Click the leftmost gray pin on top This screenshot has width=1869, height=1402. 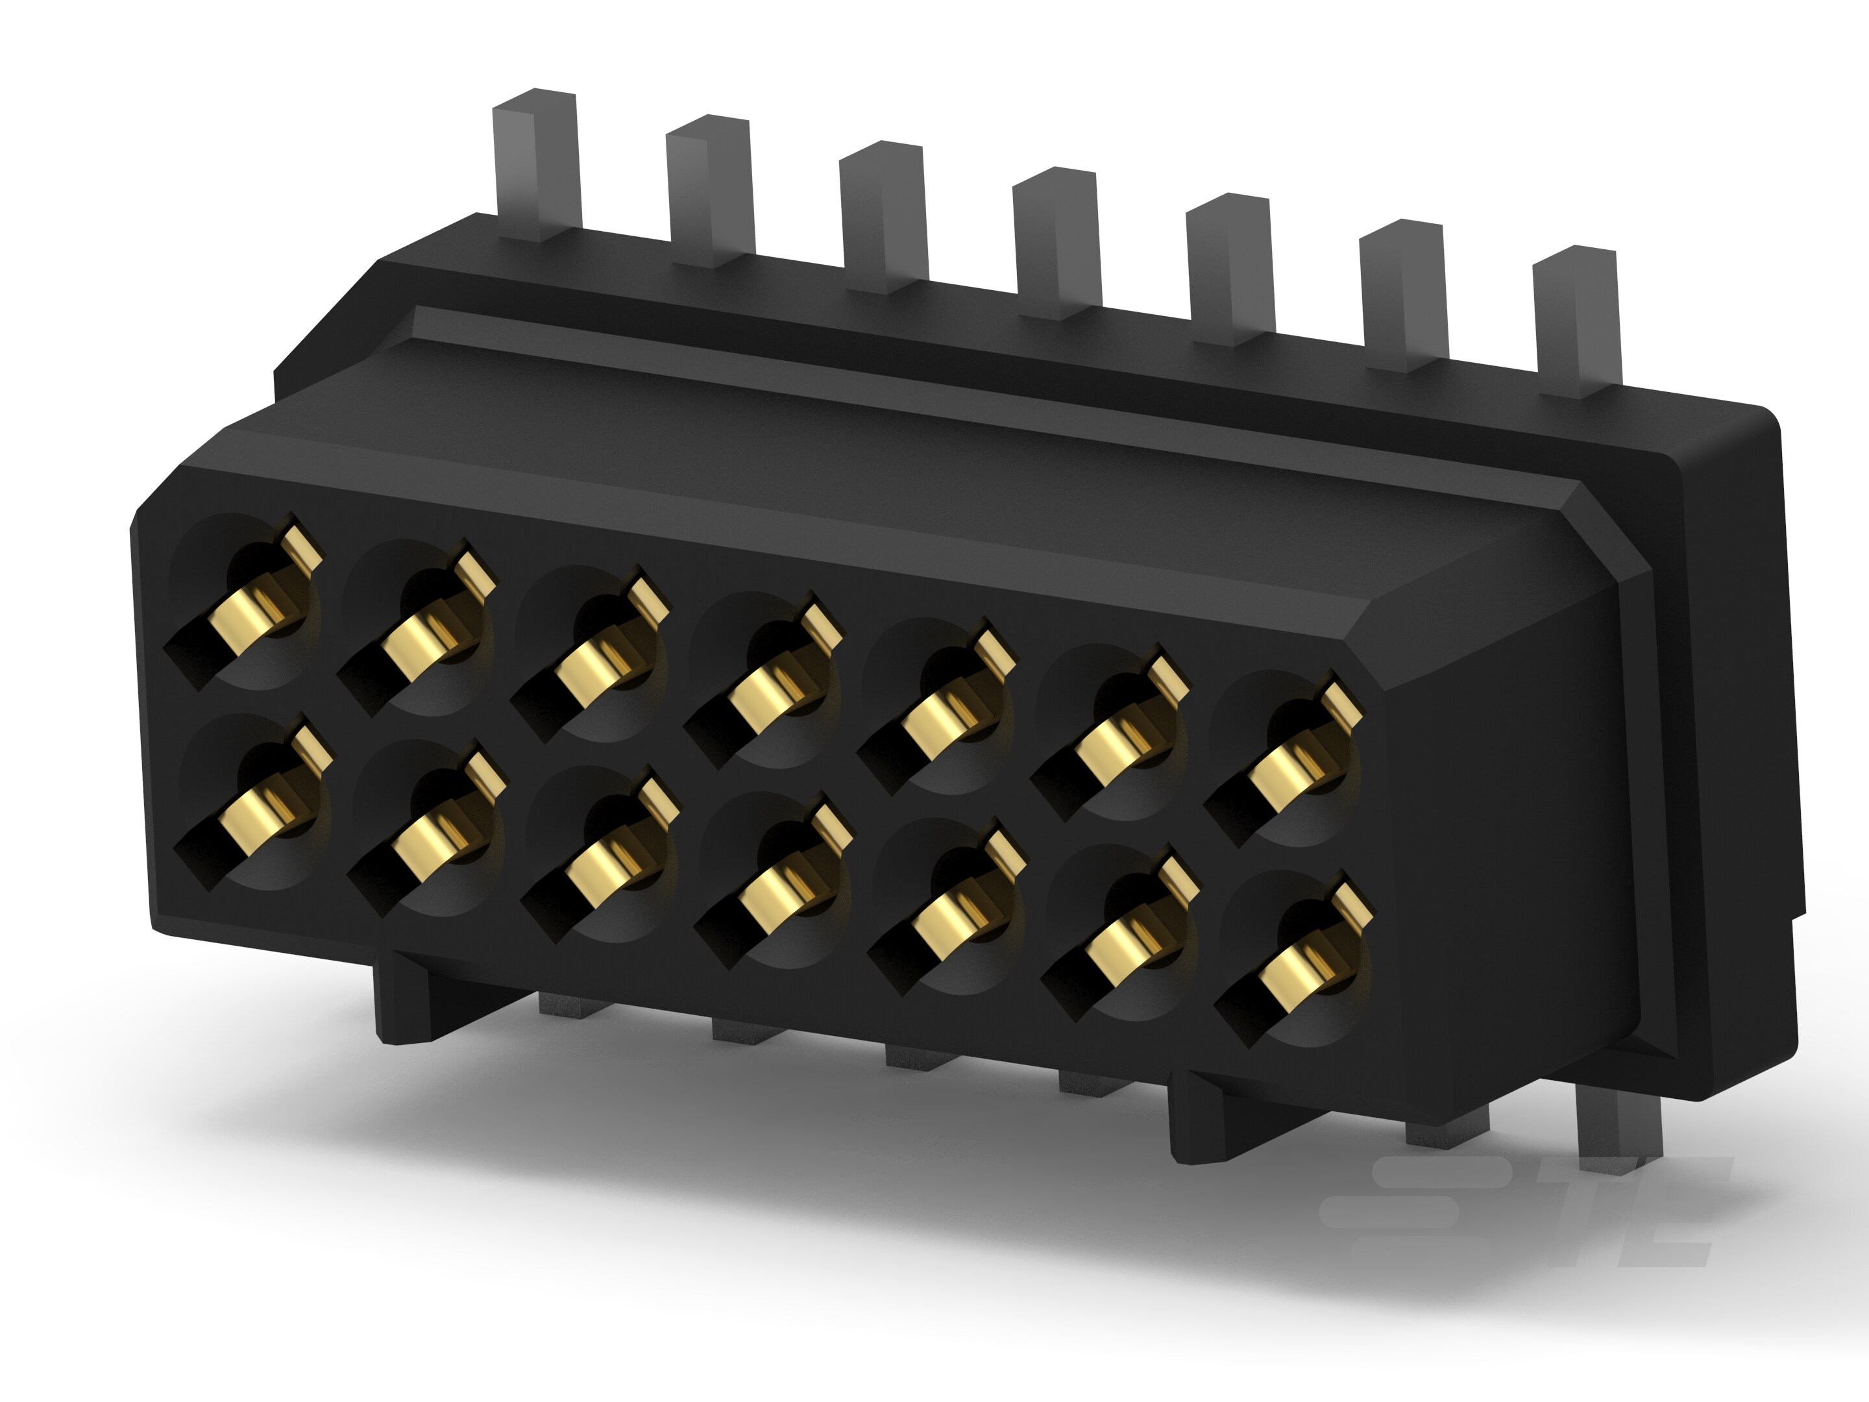pos(537,165)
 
